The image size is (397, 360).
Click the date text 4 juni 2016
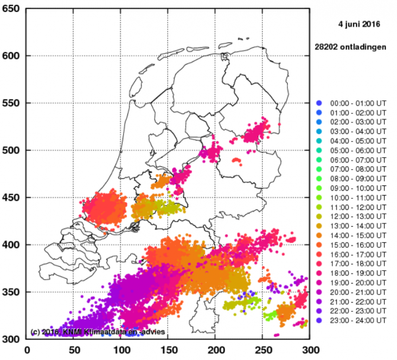(x=359, y=24)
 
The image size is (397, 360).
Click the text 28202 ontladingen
(x=350, y=47)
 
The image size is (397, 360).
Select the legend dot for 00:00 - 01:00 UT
(x=319, y=104)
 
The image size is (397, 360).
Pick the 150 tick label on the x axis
(x=169, y=350)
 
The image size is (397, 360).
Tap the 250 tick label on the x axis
(x=263, y=350)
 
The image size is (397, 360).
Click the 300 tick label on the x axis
(x=310, y=350)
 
